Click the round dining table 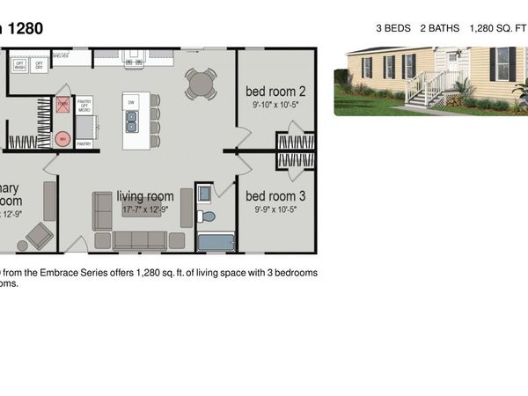coord(201,84)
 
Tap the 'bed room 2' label coord(275,91)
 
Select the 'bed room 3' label coord(275,195)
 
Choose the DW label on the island coord(131,103)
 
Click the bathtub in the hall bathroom coord(216,242)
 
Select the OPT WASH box coord(19,65)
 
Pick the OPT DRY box coord(39,65)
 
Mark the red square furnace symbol coord(63,105)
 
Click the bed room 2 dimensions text coord(275,103)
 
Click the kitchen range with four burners coord(133,60)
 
